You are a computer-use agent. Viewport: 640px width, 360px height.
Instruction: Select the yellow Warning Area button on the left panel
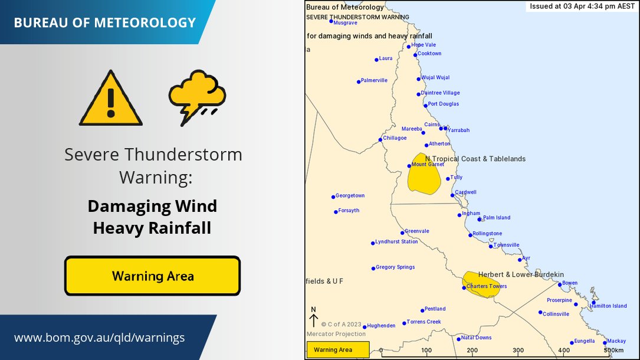coord(152,276)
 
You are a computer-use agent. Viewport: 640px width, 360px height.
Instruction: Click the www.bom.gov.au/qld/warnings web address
coord(99,338)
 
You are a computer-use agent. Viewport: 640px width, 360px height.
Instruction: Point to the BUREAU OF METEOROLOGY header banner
coord(104,22)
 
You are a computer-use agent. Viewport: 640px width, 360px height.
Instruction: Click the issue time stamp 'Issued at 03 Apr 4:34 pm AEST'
coord(581,6)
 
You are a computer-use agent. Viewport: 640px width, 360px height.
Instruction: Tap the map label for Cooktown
coord(429,54)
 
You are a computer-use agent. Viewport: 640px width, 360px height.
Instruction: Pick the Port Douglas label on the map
coord(443,104)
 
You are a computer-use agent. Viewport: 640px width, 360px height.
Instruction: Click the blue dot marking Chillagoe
coord(380,140)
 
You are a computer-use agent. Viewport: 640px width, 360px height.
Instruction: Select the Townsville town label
coord(506,245)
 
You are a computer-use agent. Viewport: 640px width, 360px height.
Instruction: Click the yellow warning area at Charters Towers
coord(481,283)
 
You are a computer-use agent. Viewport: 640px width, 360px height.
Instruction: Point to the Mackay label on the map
coord(616,341)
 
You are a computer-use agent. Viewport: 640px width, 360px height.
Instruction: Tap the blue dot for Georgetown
coord(333,197)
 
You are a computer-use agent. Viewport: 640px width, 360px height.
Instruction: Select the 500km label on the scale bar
coord(613,351)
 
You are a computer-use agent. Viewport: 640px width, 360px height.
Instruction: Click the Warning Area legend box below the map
coord(337,350)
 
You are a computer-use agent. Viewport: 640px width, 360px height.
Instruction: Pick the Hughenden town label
coord(381,325)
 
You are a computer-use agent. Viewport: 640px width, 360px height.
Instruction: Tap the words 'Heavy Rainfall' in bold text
coord(152,228)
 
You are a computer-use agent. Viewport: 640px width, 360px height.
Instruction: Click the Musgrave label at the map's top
coord(345,22)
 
